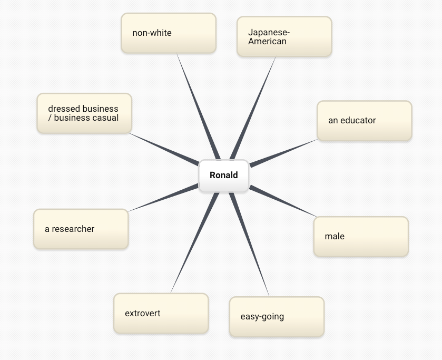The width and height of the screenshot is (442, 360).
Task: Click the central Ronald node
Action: (223, 176)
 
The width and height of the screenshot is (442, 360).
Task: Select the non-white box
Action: (169, 33)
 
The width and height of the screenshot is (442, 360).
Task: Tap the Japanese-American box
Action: (284, 37)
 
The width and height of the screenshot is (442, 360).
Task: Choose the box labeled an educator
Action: (364, 121)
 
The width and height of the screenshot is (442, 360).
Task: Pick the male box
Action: (361, 237)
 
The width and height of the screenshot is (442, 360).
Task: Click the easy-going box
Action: (277, 317)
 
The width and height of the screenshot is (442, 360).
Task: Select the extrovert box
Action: (161, 314)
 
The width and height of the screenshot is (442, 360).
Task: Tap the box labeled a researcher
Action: (81, 229)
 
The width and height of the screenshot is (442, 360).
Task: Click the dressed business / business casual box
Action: (84, 113)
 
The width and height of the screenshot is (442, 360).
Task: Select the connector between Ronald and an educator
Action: (283, 153)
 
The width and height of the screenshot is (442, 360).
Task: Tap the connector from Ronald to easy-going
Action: (249, 243)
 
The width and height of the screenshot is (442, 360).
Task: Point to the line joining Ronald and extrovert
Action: (194, 242)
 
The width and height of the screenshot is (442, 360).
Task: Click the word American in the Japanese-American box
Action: (267, 42)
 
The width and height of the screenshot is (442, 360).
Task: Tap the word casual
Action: (102, 118)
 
